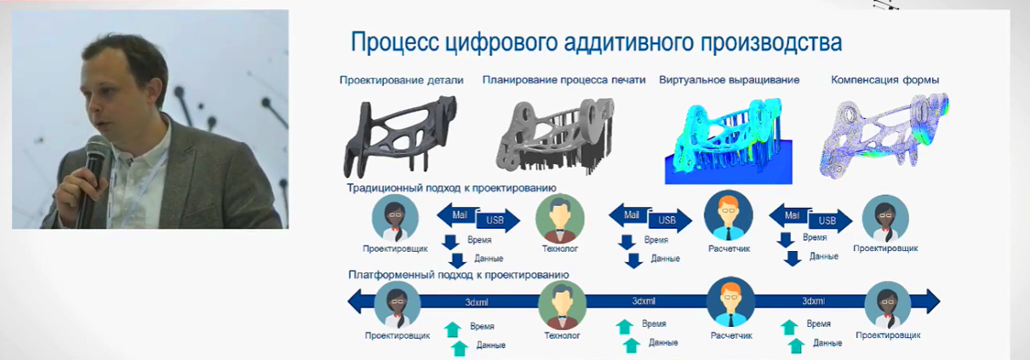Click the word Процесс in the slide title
(x=394, y=43)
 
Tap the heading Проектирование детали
(x=402, y=80)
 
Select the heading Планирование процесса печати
(x=564, y=80)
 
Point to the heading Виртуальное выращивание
(x=730, y=80)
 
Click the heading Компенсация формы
(x=884, y=80)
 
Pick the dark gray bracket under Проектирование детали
(x=399, y=136)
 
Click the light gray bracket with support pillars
(x=555, y=136)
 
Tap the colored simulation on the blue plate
(x=729, y=141)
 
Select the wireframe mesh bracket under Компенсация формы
(x=884, y=135)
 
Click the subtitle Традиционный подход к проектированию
(x=451, y=187)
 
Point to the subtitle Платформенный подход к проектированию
(x=459, y=275)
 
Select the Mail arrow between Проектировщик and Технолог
(x=458, y=214)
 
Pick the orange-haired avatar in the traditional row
(x=729, y=216)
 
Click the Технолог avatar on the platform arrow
(x=562, y=305)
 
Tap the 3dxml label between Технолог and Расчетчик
(x=644, y=301)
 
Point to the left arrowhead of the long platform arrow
(x=355, y=301)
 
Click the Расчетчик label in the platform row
(x=731, y=335)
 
